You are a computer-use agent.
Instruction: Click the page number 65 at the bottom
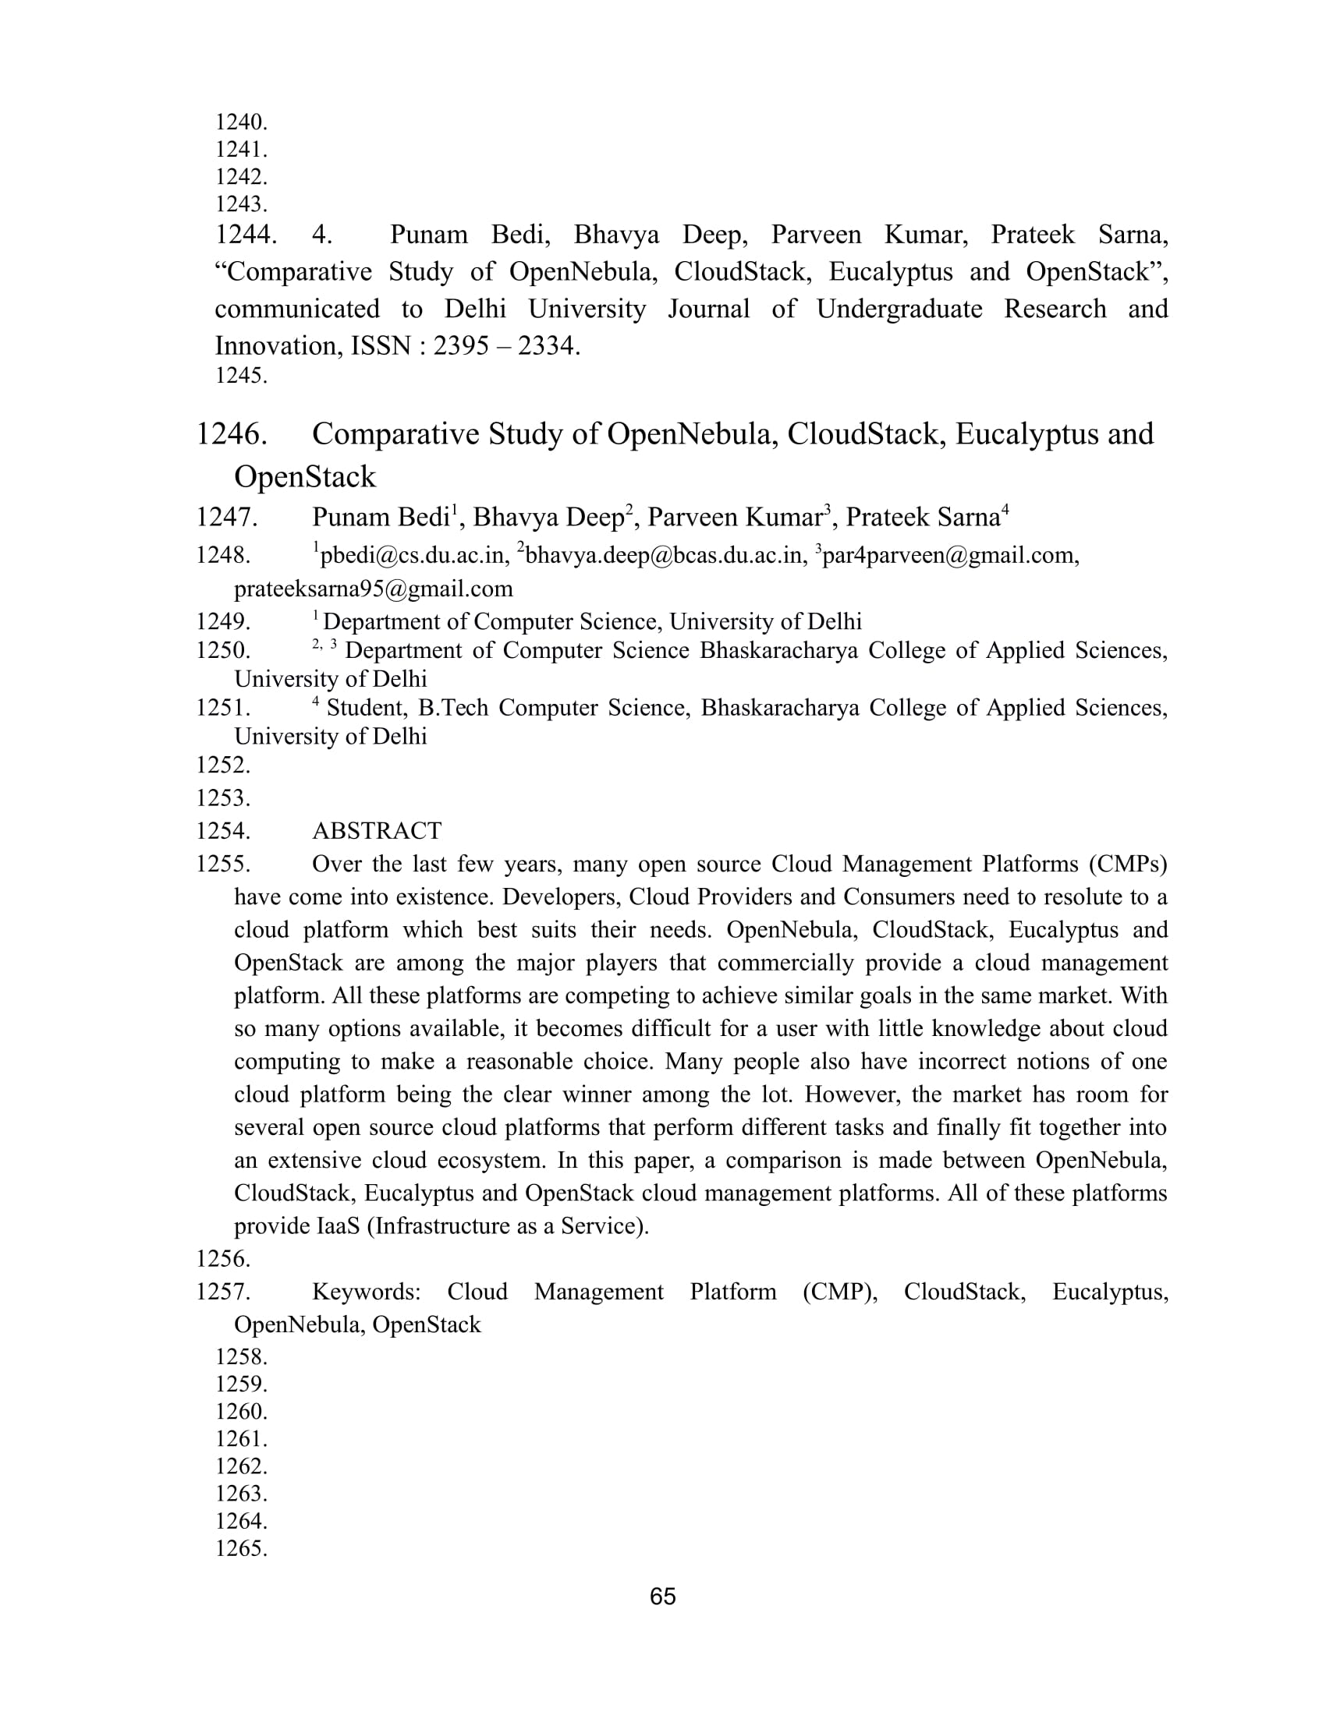coord(662,1597)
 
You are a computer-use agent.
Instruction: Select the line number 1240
coord(241,122)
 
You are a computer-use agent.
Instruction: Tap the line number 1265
coord(241,1548)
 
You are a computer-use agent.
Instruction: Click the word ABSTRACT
coord(376,831)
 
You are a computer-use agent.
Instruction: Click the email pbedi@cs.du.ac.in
coord(411,556)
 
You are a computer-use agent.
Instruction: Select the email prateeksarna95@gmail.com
coord(373,588)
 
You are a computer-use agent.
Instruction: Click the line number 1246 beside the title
coord(231,434)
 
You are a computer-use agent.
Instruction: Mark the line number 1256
coord(223,1259)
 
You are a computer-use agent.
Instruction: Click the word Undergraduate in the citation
coord(899,309)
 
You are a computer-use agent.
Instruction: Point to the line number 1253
coord(223,797)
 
